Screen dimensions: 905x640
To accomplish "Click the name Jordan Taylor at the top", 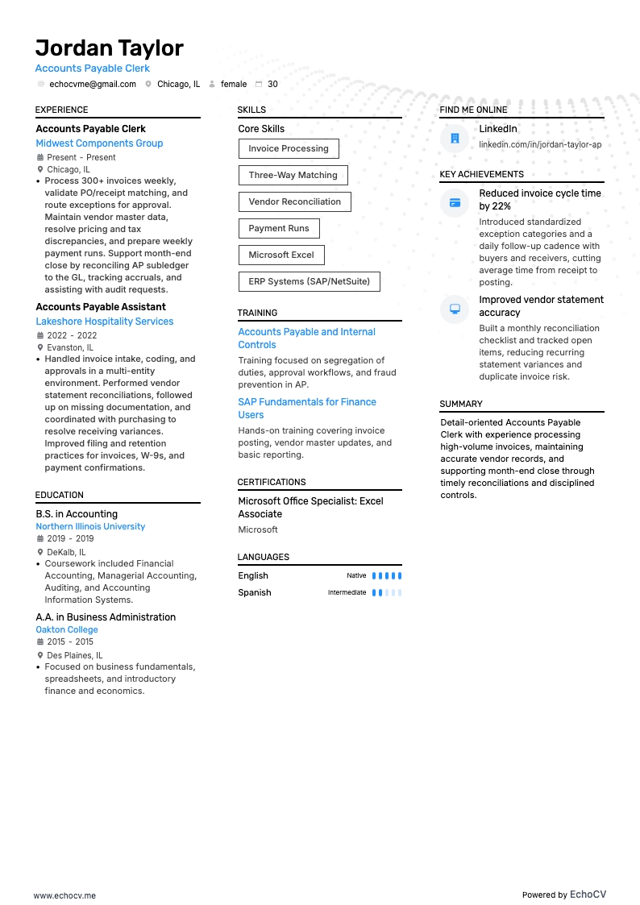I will pyautogui.click(x=110, y=48).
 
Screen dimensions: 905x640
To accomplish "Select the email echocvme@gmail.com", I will pyautogui.click(x=93, y=84).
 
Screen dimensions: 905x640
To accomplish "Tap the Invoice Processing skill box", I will pyautogui.click(x=289, y=148).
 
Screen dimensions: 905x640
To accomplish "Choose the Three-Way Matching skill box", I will pyautogui.click(x=293, y=175).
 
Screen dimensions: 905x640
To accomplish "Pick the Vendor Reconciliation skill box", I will pyautogui.click(x=294, y=201).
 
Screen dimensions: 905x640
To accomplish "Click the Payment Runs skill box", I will pyautogui.click(x=279, y=228).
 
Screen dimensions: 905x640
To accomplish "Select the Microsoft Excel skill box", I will pyautogui.click(x=281, y=255).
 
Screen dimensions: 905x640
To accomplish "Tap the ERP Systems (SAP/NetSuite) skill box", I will pyautogui.click(x=309, y=281).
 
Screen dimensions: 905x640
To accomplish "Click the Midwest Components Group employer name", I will pyautogui.click(x=99, y=143).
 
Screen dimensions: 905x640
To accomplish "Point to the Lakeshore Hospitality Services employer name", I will pyautogui.click(x=105, y=322).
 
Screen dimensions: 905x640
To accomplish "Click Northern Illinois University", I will pyautogui.click(x=90, y=526).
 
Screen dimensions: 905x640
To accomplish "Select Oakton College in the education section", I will pyautogui.click(x=67, y=629).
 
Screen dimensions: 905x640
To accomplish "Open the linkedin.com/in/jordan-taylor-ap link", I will pyautogui.click(x=540, y=144).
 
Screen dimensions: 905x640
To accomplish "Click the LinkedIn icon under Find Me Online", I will pyautogui.click(x=455, y=139).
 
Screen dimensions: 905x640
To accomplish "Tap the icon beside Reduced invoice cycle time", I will pyautogui.click(x=455, y=202).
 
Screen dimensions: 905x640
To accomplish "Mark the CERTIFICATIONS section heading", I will pyautogui.click(x=272, y=482).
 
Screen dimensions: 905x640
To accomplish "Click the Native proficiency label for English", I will pyautogui.click(x=356, y=576).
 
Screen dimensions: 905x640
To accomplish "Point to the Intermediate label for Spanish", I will pyautogui.click(x=347, y=593).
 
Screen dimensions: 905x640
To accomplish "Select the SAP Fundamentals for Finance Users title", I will pyautogui.click(x=307, y=409).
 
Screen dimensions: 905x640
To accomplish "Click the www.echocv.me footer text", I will pyautogui.click(x=64, y=895).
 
